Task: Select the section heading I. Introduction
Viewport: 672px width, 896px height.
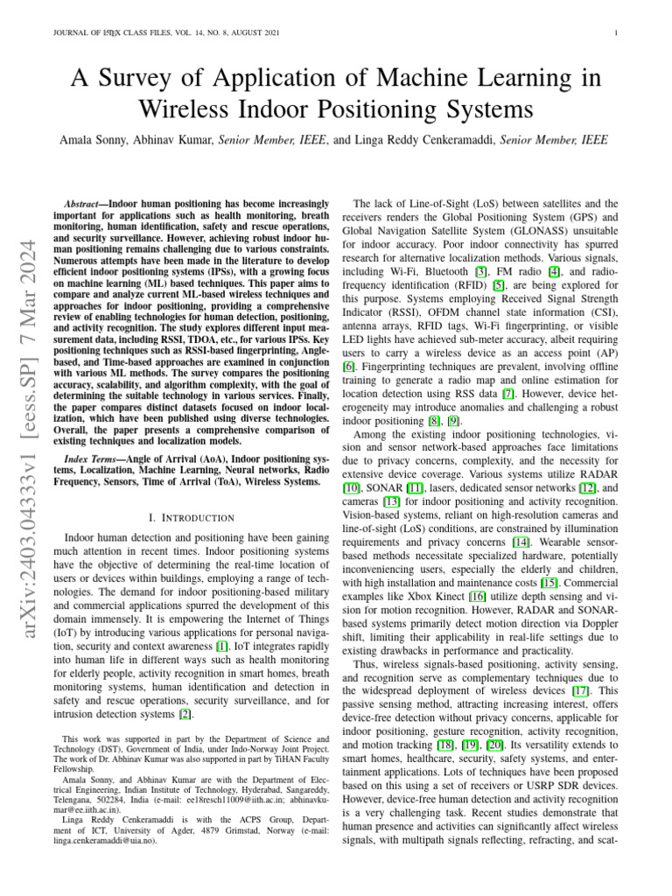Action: (x=192, y=518)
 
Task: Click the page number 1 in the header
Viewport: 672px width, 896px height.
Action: (x=618, y=34)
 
